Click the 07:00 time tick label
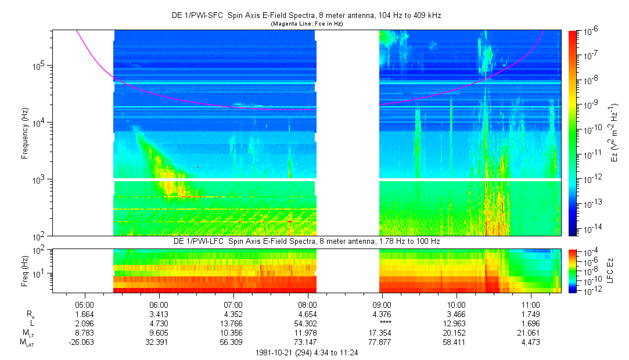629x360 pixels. [x=233, y=304]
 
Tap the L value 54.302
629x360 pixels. [x=307, y=323]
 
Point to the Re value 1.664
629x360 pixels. [x=85, y=314]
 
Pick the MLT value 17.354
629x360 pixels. [x=382, y=332]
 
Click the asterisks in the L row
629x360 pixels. [x=382, y=323]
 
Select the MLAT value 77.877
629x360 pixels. [x=382, y=341]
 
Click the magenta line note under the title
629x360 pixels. [x=307, y=24]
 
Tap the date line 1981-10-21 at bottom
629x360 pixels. [x=307, y=352]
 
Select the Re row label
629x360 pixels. [x=31, y=314]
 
